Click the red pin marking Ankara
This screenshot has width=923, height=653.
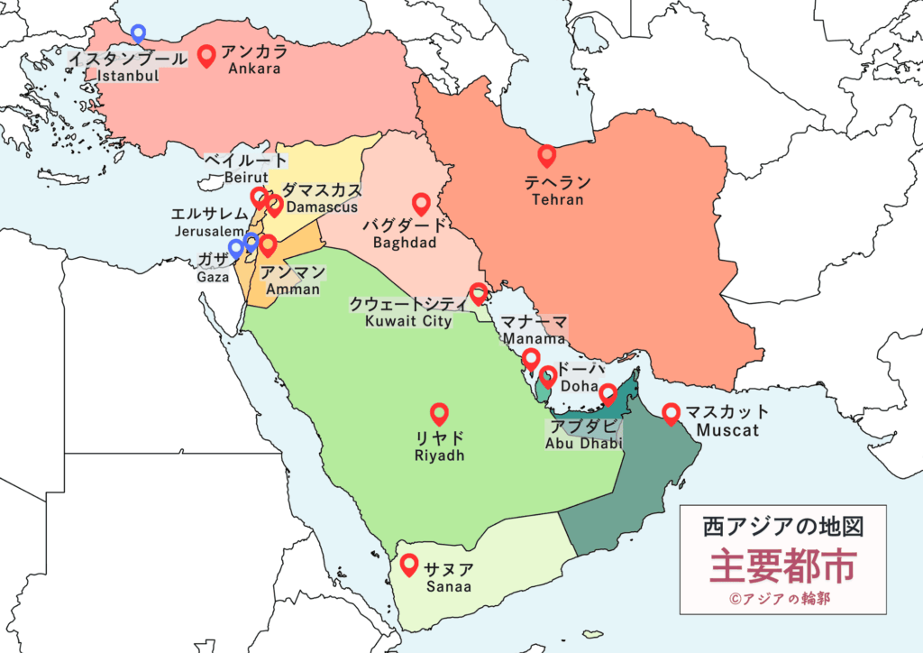(x=206, y=57)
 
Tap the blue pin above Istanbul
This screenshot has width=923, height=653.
(x=138, y=33)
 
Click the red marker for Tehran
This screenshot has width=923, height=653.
(x=546, y=156)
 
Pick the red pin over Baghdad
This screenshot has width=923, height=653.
(x=420, y=204)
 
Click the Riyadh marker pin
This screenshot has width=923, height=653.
(x=439, y=413)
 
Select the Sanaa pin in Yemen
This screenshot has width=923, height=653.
(x=409, y=565)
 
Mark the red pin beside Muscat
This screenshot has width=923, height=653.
(x=671, y=413)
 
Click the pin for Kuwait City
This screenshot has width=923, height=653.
(x=479, y=293)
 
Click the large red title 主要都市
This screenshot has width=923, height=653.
(x=781, y=566)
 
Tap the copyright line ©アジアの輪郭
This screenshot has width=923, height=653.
(x=781, y=597)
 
